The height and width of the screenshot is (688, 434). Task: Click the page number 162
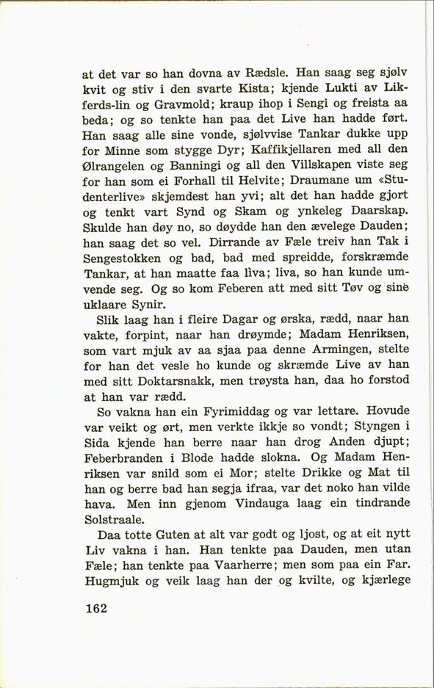point(97,609)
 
